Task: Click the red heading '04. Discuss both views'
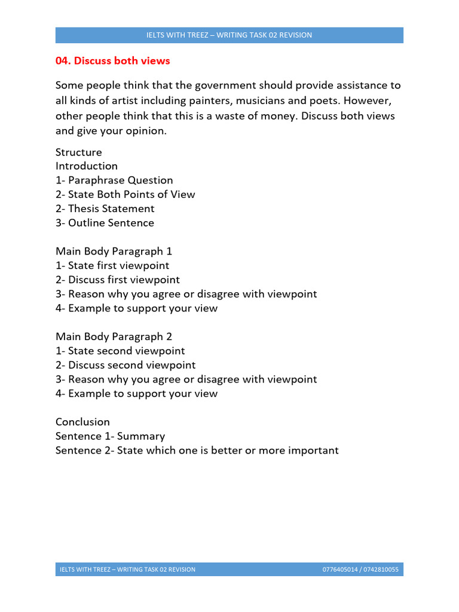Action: tap(113, 61)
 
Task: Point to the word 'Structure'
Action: tap(79, 152)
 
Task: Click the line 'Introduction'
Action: tap(87, 166)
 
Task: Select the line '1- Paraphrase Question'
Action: tap(114, 180)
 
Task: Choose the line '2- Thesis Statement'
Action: tap(105, 209)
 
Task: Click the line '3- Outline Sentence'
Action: tap(105, 223)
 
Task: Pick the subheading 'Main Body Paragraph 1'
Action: tap(114, 252)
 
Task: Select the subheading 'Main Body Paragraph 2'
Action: tap(114, 337)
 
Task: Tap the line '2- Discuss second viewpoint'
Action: tap(126, 365)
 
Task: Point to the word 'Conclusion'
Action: tap(83, 422)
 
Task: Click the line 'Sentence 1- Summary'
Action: tap(111, 436)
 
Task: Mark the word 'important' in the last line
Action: tap(313, 451)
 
